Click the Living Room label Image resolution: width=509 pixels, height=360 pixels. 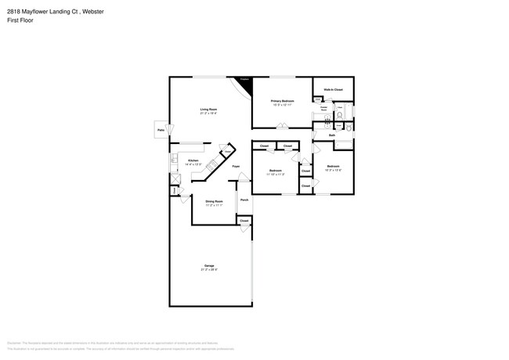[x=208, y=110]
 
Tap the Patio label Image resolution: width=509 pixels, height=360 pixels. [x=161, y=130]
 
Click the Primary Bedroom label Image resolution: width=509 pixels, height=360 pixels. [x=283, y=101]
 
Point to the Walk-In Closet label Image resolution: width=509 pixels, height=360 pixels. [x=333, y=91]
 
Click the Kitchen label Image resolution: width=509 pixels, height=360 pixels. [x=193, y=160]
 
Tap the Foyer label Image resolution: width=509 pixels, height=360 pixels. [x=236, y=167]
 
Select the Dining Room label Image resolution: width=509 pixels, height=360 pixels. [x=214, y=201]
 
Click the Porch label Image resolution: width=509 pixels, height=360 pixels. [x=244, y=200]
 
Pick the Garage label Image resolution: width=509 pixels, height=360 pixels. [x=209, y=266]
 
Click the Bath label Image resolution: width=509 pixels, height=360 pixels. [x=332, y=135]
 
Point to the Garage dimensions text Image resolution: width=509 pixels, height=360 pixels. [x=209, y=271]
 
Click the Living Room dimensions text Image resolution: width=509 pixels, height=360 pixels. [x=208, y=114]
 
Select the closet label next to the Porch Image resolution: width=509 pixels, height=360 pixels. [x=244, y=221]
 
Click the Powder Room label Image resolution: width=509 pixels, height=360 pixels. [x=324, y=109]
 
